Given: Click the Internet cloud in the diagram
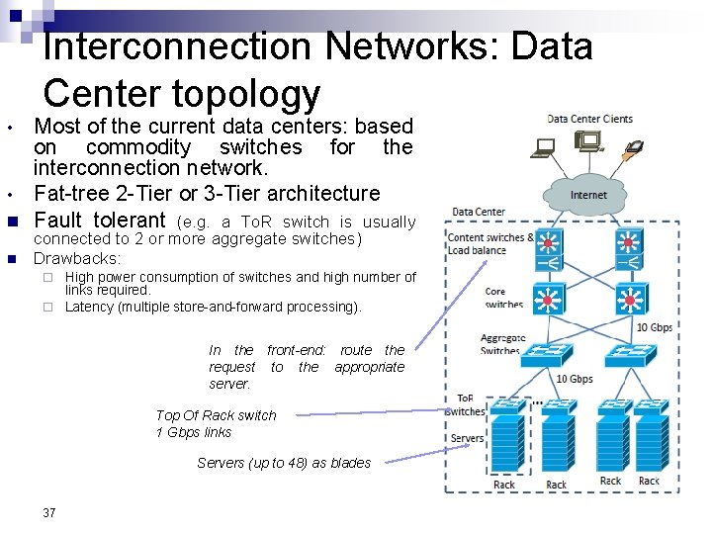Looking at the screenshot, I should (588, 194).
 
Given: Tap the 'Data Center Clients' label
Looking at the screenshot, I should (589, 119).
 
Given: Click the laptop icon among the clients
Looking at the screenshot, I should (544, 149).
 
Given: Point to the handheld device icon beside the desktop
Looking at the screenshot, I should (634, 149).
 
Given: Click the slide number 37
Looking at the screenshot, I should (49, 512).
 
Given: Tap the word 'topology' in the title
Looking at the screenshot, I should (246, 94).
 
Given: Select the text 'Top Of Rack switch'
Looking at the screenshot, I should (216, 415).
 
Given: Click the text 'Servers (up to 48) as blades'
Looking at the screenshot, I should (284, 463).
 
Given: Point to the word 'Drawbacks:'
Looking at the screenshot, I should (77, 258).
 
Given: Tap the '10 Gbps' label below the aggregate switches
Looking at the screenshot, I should (574, 379).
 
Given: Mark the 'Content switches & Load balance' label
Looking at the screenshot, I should (490, 243).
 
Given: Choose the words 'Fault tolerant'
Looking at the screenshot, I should (100, 220).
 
